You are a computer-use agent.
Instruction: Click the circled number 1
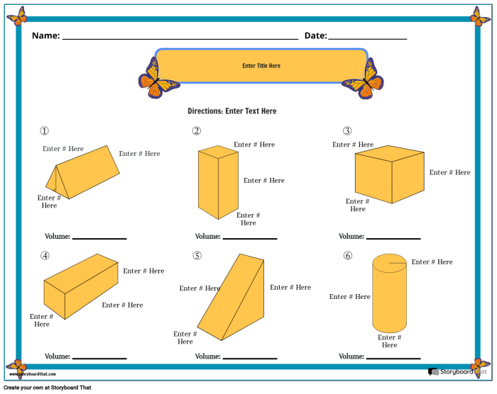44,131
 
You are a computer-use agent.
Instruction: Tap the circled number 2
197,131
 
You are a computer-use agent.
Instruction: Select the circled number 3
347,131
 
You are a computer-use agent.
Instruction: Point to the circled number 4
45,256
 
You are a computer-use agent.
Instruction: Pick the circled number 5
197,256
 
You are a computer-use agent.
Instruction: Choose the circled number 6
347,256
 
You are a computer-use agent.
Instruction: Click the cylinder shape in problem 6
389,298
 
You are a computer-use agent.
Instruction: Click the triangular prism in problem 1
85,173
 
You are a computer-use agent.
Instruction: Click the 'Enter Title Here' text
261,66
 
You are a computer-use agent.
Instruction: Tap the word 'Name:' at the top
45,35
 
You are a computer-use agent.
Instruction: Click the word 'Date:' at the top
315,35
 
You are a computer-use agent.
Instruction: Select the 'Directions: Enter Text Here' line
231,111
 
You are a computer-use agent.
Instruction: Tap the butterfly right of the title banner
364,79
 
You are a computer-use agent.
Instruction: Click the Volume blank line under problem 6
393,358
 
